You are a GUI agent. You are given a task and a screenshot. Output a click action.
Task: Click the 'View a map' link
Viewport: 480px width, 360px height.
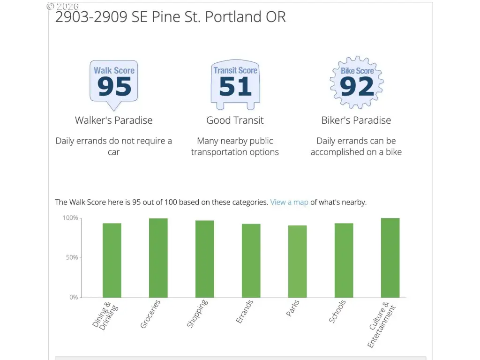point(289,202)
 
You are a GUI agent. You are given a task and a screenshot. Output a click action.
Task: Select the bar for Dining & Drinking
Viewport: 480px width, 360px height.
point(112,260)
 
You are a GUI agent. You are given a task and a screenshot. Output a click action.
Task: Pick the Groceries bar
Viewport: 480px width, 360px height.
point(158,258)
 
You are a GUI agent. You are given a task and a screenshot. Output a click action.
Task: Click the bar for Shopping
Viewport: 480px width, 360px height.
point(205,259)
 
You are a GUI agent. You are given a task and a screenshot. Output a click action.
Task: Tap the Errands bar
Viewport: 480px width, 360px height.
point(251,261)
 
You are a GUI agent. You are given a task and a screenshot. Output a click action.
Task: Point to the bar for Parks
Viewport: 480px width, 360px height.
point(298,262)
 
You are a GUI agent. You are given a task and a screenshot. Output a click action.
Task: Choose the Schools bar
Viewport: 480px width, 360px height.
point(344,260)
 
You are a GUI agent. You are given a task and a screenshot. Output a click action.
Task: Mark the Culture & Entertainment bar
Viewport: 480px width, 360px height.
point(390,258)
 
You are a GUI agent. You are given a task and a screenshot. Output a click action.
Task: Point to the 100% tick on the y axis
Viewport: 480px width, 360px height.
point(70,218)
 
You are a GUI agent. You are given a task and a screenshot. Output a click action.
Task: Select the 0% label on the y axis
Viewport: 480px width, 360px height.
point(74,297)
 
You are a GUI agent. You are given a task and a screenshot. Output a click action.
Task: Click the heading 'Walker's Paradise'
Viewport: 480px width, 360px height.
point(114,120)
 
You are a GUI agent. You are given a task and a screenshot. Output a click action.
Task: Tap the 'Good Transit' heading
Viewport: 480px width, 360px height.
point(235,120)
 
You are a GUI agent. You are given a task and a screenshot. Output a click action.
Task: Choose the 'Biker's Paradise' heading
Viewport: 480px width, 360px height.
point(356,120)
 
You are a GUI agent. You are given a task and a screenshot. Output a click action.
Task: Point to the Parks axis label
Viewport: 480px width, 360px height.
point(293,308)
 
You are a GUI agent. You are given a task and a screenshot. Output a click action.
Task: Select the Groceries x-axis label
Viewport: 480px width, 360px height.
point(150,314)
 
